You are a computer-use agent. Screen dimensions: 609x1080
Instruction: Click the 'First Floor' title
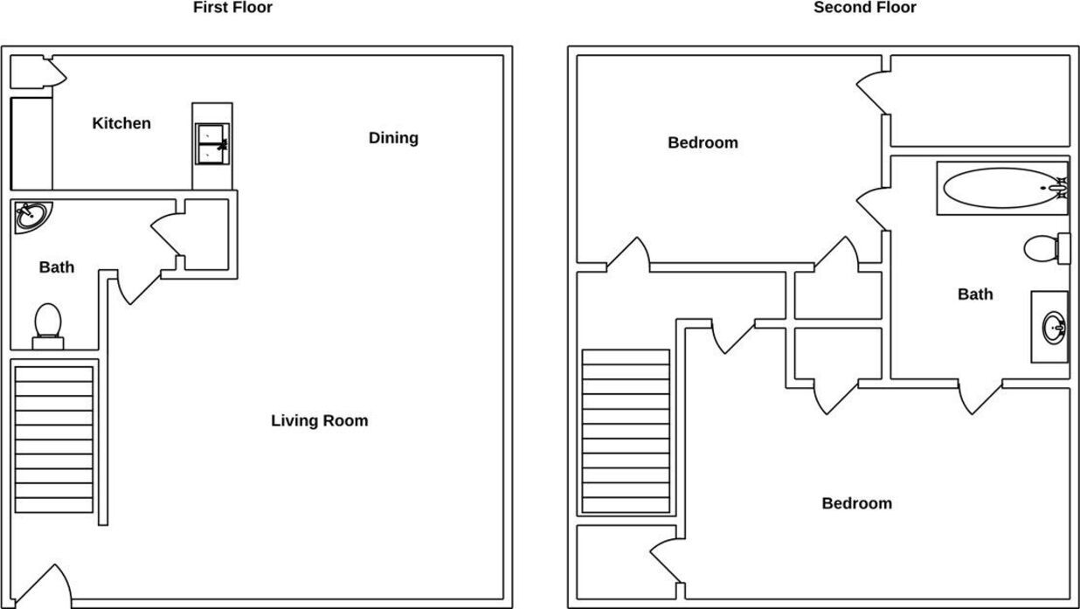tap(232, 8)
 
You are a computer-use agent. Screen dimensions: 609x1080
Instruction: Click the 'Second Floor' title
tap(864, 8)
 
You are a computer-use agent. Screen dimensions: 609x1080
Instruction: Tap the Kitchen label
tap(121, 123)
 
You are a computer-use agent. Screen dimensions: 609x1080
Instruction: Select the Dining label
tap(393, 137)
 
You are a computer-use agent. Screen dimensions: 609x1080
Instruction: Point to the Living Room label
tap(319, 420)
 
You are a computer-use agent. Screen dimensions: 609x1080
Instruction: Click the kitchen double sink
tap(212, 144)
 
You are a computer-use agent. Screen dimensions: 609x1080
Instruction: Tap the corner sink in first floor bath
tap(31, 215)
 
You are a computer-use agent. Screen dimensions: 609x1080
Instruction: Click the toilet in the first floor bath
tap(47, 324)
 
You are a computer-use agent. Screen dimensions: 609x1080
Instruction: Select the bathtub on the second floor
tap(1001, 188)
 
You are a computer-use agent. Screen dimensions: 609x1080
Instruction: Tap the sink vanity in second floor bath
tap(1049, 327)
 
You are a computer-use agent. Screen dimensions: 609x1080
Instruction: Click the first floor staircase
tap(54, 439)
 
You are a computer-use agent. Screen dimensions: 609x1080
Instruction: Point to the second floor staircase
tap(626, 432)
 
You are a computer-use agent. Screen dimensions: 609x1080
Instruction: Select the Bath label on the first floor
tap(57, 267)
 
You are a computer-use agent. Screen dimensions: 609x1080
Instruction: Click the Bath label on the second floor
tap(975, 294)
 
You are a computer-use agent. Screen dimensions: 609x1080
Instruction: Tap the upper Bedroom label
tap(703, 142)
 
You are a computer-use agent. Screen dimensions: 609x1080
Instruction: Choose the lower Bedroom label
tap(856, 503)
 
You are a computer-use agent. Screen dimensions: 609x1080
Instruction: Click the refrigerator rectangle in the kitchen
tap(31, 143)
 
